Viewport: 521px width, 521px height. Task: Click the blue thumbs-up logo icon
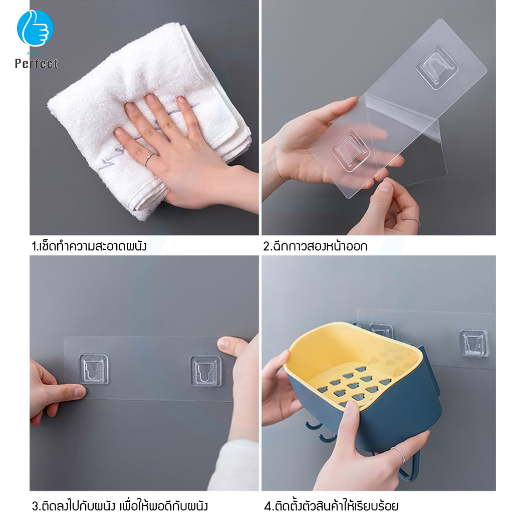(35, 28)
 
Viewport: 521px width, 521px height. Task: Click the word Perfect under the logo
(36, 64)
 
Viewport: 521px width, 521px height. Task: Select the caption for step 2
(316, 246)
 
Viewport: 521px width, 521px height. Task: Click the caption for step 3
(120, 505)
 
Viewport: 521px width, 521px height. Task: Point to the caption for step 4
(331, 505)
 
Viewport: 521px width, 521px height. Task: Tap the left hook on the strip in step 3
(94, 369)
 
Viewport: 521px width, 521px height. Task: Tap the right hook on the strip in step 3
(205, 371)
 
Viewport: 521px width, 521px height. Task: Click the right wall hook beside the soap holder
(473, 343)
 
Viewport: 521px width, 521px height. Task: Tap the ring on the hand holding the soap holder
(399, 455)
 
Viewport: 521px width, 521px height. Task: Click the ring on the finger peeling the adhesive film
(410, 220)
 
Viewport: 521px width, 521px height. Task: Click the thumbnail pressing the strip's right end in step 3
(224, 344)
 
